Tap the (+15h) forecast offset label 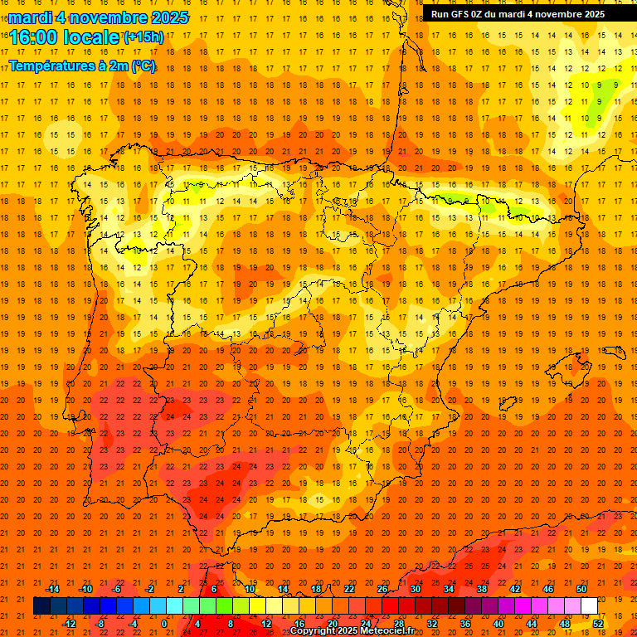(x=143, y=36)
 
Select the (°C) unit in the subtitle (x=143, y=66)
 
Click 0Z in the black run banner (x=484, y=14)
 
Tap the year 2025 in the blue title (x=169, y=17)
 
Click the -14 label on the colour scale (x=53, y=589)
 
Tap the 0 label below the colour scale (x=164, y=623)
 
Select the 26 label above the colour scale (x=382, y=589)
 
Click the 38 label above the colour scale (x=482, y=589)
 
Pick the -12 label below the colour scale (x=70, y=623)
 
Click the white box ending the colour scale (x=589, y=605)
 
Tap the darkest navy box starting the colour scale (x=41, y=605)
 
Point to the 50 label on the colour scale (x=581, y=589)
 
